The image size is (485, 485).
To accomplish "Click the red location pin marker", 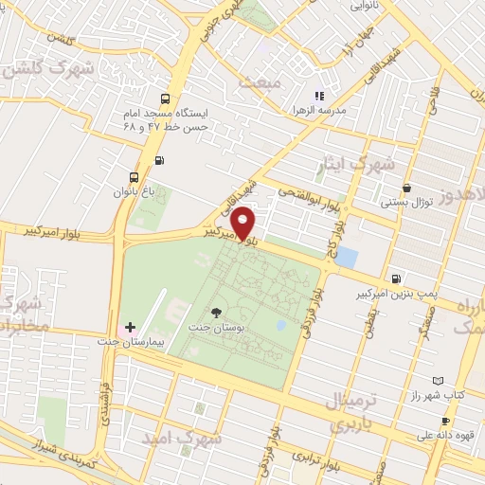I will tap(243, 222).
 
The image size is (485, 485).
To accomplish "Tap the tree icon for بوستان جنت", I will tap(218, 312).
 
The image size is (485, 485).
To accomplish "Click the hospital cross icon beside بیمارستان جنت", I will tap(131, 326).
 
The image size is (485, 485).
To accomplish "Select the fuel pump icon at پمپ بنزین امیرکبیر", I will tap(395, 278).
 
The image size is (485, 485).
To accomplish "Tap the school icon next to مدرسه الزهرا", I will tap(319, 96).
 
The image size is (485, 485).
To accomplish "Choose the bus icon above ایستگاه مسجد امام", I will tap(167, 99).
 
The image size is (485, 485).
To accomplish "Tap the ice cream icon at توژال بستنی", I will tap(406, 188).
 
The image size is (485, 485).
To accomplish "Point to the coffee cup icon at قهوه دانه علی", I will tap(445, 421).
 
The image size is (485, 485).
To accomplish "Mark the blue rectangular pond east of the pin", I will tap(347, 257).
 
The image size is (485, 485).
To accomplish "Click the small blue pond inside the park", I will tap(280, 325).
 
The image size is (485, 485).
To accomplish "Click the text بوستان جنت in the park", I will tap(218, 328).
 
